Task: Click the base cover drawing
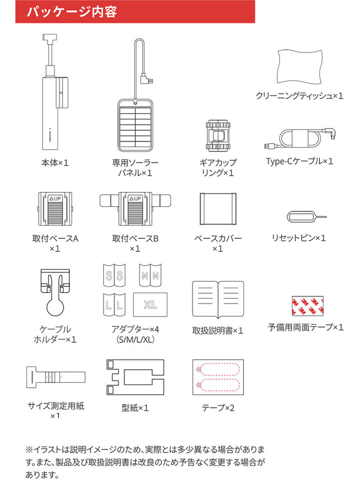coord(217,209)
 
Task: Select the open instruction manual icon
coord(217,299)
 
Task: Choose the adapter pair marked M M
coord(150,275)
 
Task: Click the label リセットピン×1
coord(299,238)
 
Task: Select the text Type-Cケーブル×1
coord(299,161)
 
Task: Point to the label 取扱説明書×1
coord(217,330)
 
